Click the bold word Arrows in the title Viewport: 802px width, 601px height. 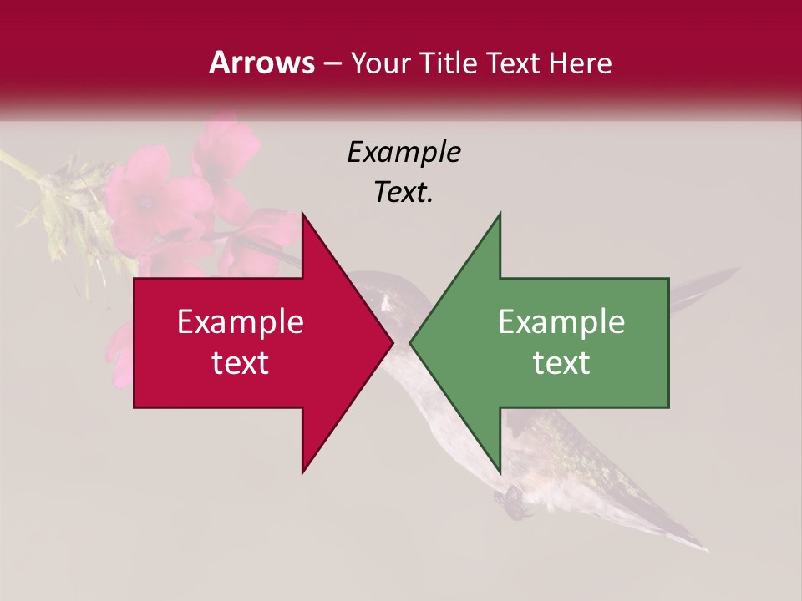point(261,63)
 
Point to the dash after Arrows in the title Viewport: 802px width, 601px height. point(332,64)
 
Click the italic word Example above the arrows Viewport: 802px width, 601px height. point(404,153)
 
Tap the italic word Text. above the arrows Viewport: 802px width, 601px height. point(404,193)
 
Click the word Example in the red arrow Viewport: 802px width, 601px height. point(240,321)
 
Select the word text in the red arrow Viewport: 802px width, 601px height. point(240,362)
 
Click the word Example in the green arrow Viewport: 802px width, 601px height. point(561,321)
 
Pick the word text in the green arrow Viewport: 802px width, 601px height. point(561,362)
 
